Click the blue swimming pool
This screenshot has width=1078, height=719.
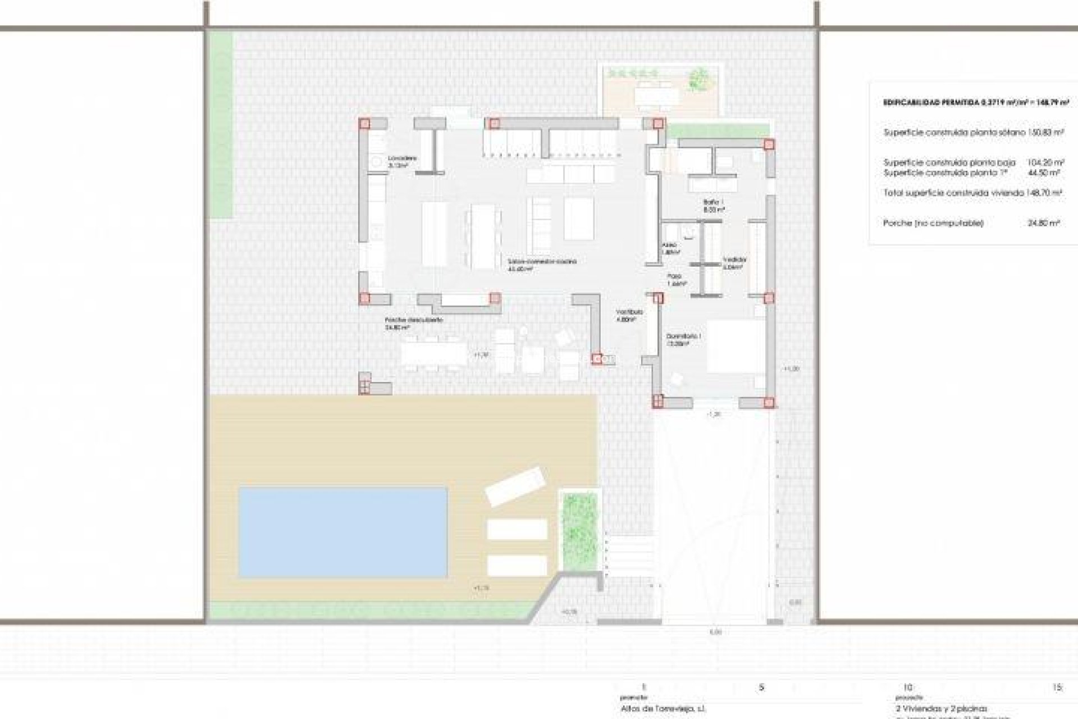pos(343,533)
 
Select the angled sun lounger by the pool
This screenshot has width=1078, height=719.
pos(515,485)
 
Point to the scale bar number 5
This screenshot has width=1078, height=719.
pos(762,687)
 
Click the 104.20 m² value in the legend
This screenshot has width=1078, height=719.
pos(1043,162)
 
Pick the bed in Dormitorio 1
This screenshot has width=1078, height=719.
pos(736,346)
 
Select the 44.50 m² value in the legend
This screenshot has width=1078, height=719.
pos(1043,172)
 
